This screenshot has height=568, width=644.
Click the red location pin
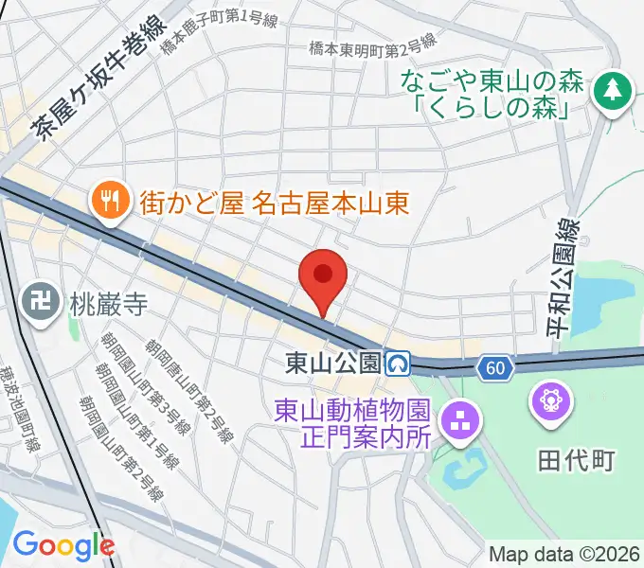[x=323, y=277]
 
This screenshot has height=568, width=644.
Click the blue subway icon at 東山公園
[x=399, y=363]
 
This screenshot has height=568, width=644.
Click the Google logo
[x=63, y=544]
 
